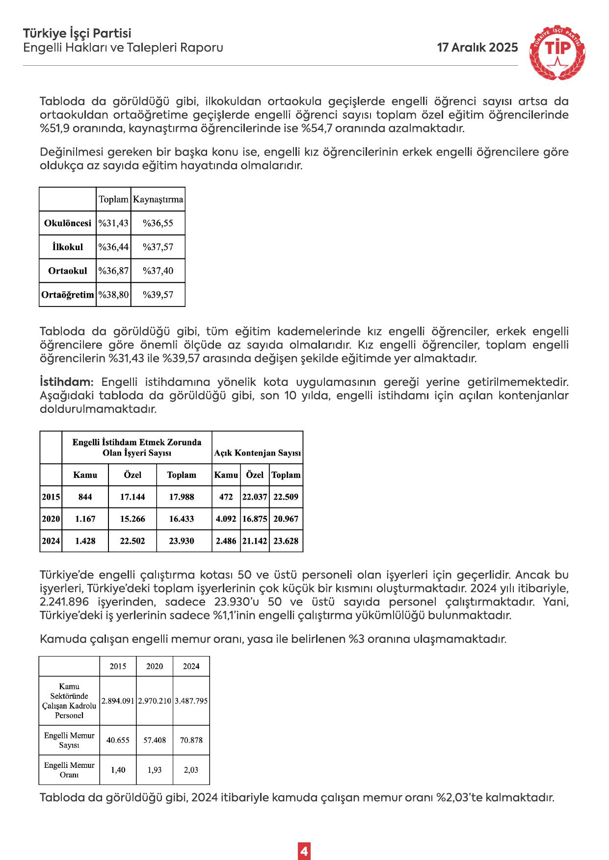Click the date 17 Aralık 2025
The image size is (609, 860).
coord(477,48)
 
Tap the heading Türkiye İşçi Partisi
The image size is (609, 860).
coord(77,33)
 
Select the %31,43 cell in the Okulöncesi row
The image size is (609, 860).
coord(113,223)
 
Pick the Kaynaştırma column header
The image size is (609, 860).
coord(158,200)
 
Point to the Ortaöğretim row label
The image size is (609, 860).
coord(68,295)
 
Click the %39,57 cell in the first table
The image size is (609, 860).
coord(158,295)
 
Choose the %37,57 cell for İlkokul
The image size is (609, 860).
coord(158,247)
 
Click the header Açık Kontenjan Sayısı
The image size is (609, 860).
coord(258,454)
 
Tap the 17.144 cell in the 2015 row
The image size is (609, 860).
coord(132,497)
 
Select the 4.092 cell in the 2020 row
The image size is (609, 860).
coord(226,519)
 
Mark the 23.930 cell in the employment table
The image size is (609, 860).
coord(182,541)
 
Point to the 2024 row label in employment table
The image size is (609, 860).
coord(51,541)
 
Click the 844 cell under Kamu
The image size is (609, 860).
coord(85,497)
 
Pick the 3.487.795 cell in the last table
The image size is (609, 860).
coord(191,701)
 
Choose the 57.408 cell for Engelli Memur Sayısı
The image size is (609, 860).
coord(155,740)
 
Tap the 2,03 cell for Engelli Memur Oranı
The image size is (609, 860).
coord(191,770)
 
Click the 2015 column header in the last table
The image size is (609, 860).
coord(118,666)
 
